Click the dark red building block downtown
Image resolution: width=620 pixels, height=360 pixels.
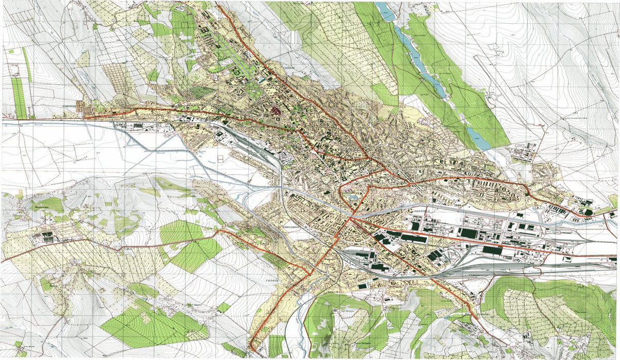tap(274, 110)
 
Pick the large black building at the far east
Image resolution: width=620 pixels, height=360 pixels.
tap(587, 211)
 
